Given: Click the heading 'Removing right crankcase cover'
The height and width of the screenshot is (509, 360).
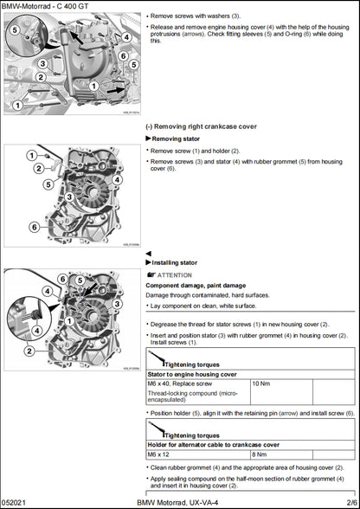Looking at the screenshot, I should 204,126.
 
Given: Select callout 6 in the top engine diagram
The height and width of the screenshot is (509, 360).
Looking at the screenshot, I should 124,56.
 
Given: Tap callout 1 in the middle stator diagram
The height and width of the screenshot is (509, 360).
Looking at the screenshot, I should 31,155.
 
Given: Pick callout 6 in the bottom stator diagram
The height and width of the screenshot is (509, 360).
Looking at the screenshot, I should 61,278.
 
